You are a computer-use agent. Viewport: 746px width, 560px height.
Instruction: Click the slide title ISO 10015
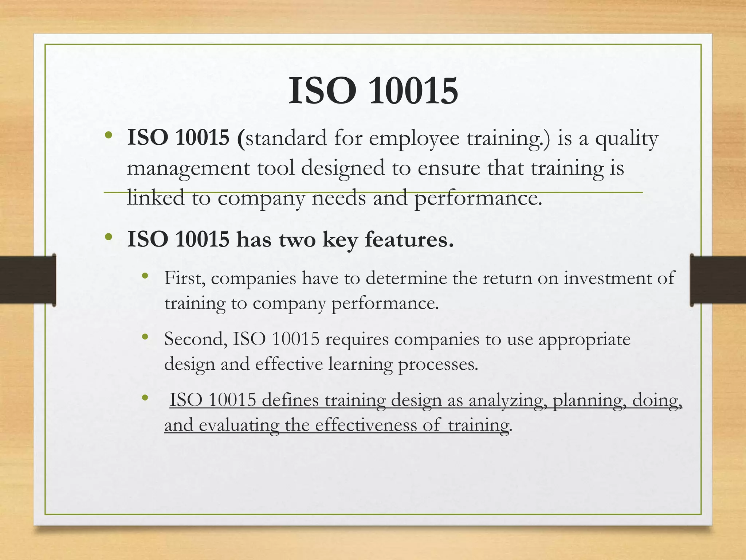pyautogui.click(x=373, y=91)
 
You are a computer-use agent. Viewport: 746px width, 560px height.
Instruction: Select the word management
pyautogui.click(x=188, y=169)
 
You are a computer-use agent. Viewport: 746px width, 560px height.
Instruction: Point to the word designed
pyautogui.click(x=343, y=169)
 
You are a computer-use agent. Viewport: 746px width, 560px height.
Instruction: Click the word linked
pyautogui.click(x=156, y=198)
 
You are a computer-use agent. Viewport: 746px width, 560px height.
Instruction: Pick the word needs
pyautogui.click(x=338, y=198)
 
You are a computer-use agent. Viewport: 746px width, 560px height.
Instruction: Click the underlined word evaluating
pyautogui.click(x=239, y=425)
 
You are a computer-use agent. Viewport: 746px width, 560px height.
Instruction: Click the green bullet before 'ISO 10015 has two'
pyautogui.click(x=108, y=237)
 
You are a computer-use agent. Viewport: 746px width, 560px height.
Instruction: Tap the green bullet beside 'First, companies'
pyautogui.click(x=145, y=276)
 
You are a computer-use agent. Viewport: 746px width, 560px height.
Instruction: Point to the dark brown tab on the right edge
pyautogui.click(x=718, y=280)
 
